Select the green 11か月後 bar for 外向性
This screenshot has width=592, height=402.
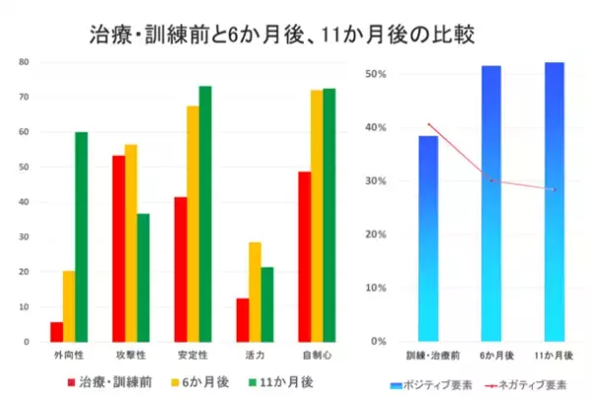[x=81, y=237]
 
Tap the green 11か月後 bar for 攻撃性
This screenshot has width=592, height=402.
[x=144, y=278]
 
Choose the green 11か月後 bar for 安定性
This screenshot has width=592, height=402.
[x=205, y=213]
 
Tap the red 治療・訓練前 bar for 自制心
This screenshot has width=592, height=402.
[x=304, y=257]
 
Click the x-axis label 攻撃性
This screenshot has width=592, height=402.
[x=131, y=354]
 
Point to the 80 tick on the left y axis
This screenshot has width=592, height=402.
[x=24, y=61]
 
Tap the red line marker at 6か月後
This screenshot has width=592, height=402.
[x=491, y=181]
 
